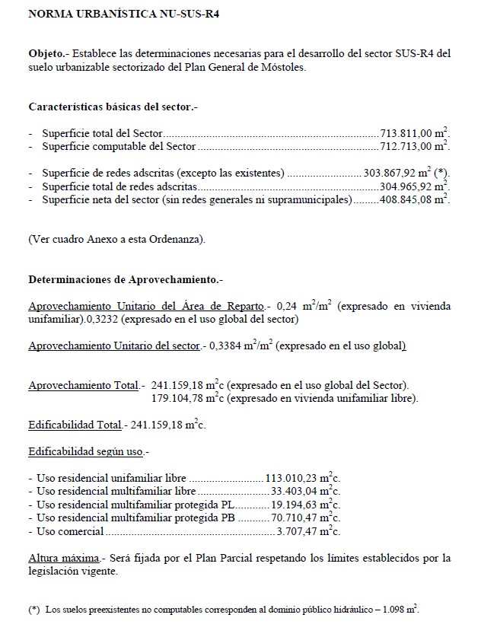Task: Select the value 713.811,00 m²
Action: (x=414, y=133)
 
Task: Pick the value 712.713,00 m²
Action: (x=414, y=146)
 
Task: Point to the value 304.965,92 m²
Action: (x=414, y=186)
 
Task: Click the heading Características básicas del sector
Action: (x=113, y=107)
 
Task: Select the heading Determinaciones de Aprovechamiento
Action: (x=125, y=279)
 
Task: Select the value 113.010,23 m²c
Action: (x=301, y=478)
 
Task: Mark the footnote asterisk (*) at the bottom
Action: (x=33, y=610)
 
